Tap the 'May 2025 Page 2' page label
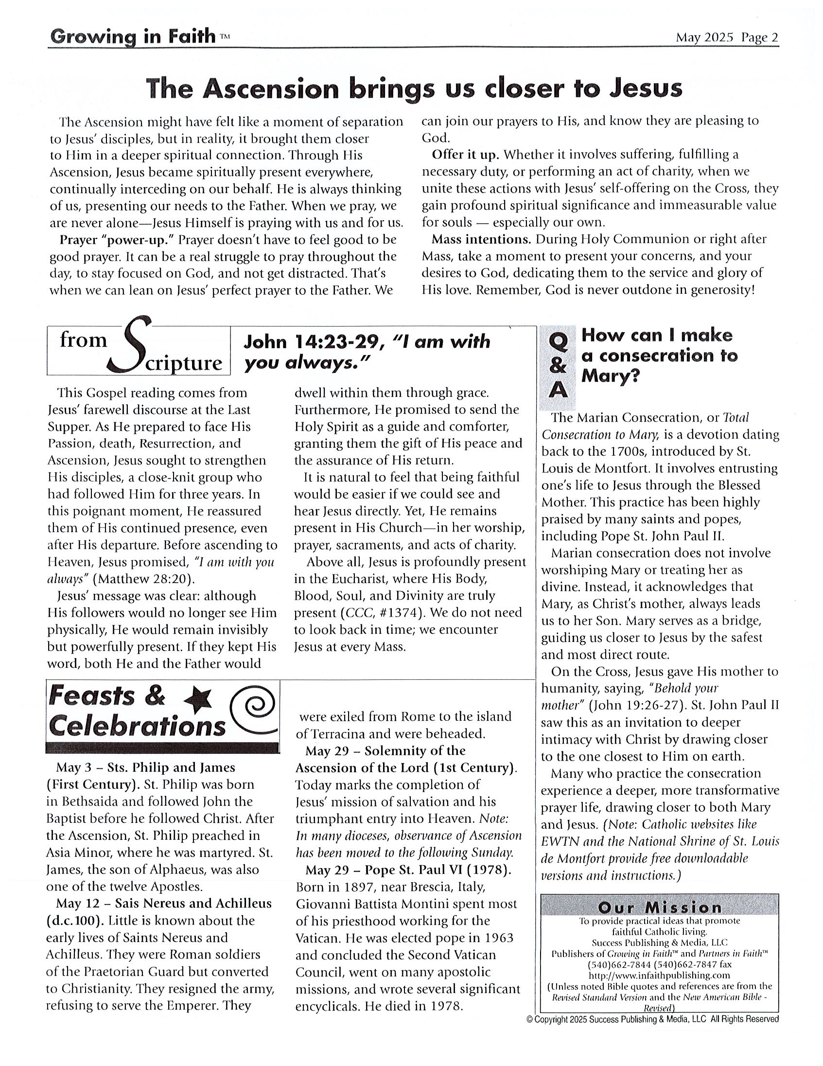[726, 37]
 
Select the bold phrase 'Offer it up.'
[465, 155]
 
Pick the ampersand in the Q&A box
[558, 366]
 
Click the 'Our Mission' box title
[660, 907]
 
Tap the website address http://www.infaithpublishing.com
[660, 975]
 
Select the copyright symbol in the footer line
[530, 1019]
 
